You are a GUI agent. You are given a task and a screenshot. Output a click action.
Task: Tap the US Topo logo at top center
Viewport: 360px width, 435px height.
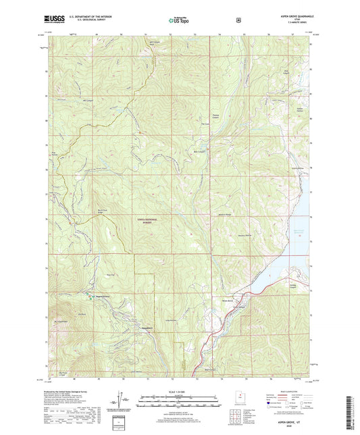[x=179, y=21]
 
